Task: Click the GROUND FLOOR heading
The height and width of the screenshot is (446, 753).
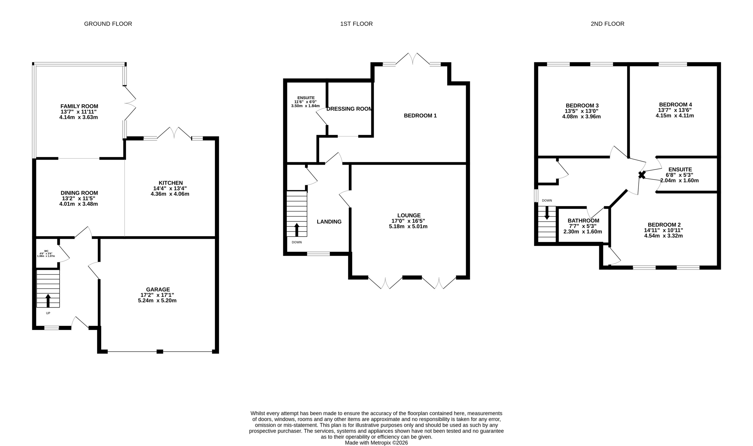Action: point(108,24)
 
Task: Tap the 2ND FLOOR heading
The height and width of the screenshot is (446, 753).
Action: point(607,24)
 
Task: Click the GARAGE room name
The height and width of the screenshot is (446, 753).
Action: point(158,290)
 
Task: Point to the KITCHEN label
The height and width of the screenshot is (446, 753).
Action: point(171,183)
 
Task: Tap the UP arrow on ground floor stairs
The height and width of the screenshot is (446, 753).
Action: point(48,300)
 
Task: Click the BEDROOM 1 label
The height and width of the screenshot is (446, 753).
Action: point(420,115)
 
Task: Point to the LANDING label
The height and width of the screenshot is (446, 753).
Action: point(329,221)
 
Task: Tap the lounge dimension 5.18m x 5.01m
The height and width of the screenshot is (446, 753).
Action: point(408,226)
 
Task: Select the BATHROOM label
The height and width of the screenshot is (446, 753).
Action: point(583,221)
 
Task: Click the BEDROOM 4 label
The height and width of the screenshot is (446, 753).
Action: point(675,105)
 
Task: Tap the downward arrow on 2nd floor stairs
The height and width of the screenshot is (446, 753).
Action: point(547,212)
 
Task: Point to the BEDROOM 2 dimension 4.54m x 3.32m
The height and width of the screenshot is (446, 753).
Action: point(663,236)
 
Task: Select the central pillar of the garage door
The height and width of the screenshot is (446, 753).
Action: point(160,351)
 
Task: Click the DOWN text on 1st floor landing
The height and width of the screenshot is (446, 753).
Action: point(296,242)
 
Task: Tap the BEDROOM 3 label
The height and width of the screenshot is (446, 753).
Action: point(582,105)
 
